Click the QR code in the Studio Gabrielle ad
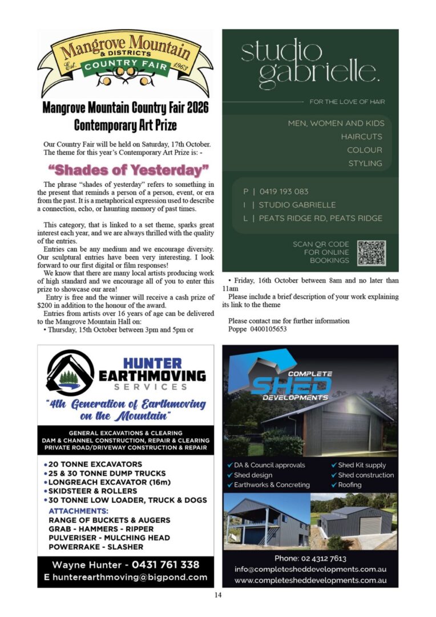click(372, 252)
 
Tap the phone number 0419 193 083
click(284, 191)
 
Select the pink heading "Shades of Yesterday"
click(128, 170)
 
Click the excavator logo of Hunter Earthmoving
click(70, 373)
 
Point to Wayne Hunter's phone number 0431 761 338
click(165, 564)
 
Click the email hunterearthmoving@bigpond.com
click(130, 577)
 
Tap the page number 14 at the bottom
click(217, 595)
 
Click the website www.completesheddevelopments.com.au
click(310, 580)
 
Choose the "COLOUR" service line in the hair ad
click(364, 150)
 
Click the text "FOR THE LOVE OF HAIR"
click(347, 102)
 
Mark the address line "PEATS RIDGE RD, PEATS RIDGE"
click(320, 218)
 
